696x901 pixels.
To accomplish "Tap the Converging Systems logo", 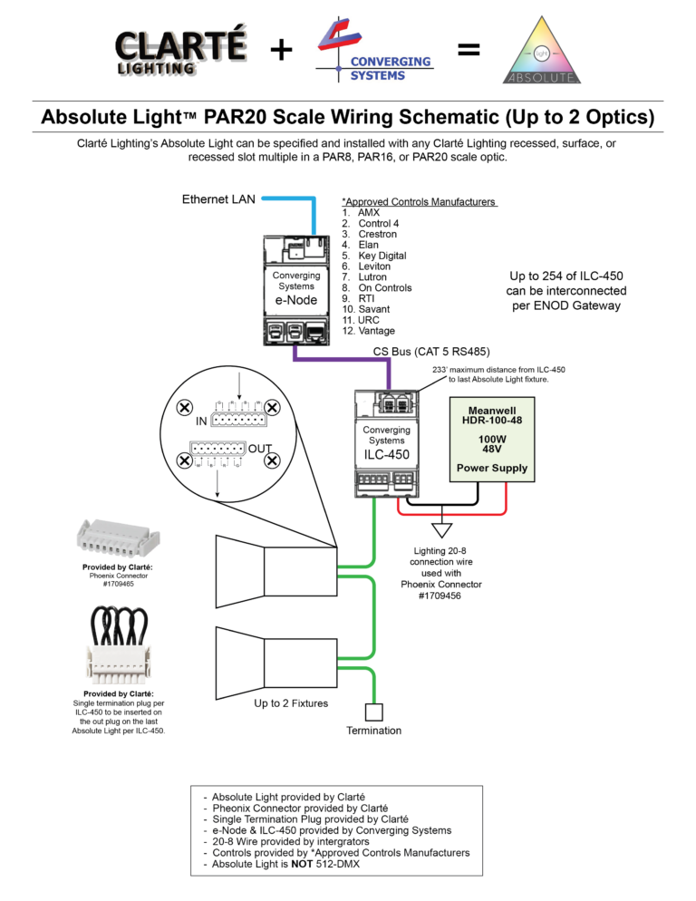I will tap(373, 52).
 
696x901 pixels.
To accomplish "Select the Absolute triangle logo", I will tap(541, 52).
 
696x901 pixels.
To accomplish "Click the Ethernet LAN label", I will tap(218, 199).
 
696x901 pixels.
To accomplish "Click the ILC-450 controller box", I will tap(386, 443).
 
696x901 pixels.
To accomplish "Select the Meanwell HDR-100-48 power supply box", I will tap(492, 441).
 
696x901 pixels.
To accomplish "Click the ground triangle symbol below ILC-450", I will tap(441, 528).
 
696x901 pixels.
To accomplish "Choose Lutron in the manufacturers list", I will tap(372, 277).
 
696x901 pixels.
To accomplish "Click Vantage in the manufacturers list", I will tap(376, 331).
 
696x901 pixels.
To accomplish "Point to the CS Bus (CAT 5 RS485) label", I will tap(431, 351).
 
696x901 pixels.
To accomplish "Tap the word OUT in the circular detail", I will tap(260, 449).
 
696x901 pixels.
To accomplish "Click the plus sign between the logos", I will tap(281, 51).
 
